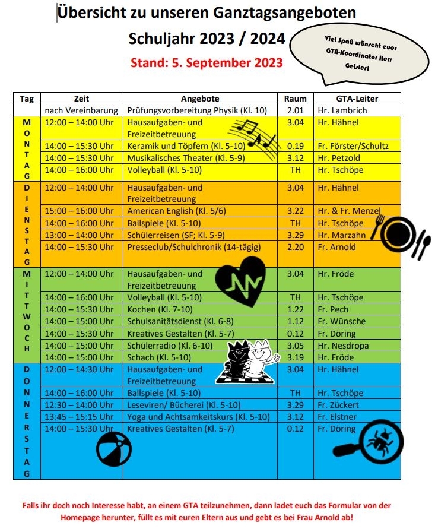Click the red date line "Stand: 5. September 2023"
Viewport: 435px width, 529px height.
pyautogui.click(x=207, y=61)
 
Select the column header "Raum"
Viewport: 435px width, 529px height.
pyautogui.click(x=295, y=99)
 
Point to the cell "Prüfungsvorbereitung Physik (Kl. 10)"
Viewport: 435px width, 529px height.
pyautogui.click(x=197, y=110)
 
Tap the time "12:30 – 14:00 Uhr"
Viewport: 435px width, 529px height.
pyautogui.click(x=80, y=405)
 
